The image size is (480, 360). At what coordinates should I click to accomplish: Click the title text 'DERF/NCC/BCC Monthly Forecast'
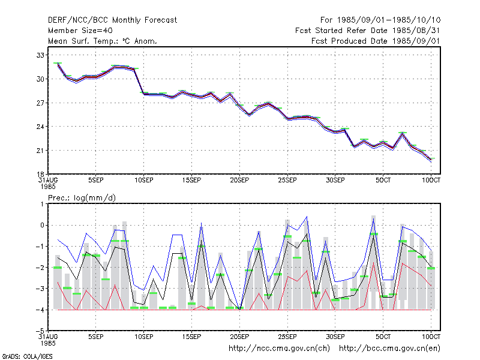(x=112, y=20)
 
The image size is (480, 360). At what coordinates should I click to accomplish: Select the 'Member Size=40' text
(x=80, y=31)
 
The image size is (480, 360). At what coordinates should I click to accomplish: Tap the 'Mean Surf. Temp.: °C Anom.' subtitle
(x=103, y=41)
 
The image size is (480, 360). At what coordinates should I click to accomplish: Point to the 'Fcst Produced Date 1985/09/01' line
(x=376, y=41)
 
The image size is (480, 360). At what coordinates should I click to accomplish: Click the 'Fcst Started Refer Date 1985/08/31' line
(x=368, y=31)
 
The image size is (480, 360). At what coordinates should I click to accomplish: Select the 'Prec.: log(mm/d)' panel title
(x=82, y=198)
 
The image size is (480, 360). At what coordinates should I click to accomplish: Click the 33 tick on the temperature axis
(x=40, y=55)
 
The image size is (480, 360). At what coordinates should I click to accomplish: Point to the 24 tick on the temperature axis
(x=40, y=127)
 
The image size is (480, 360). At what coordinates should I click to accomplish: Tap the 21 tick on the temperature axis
(x=40, y=151)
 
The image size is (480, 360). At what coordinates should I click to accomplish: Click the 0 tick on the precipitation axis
(x=42, y=226)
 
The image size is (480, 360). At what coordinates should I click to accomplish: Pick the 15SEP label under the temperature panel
(x=191, y=181)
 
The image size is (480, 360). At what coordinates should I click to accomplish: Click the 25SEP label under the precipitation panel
(x=287, y=337)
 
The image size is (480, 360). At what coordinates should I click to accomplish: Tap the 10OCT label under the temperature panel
(x=431, y=181)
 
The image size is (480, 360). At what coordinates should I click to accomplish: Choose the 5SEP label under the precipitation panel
(x=96, y=337)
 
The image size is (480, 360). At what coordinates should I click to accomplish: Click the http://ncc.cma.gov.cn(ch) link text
(x=279, y=349)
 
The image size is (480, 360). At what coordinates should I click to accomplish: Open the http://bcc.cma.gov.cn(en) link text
(x=389, y=349)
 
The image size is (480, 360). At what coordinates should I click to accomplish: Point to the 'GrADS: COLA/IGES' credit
(x=27, y=356)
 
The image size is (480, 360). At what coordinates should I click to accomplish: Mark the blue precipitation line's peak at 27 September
(x=307, y=217)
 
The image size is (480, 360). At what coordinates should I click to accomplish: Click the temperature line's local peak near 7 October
(x=403, y=133)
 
